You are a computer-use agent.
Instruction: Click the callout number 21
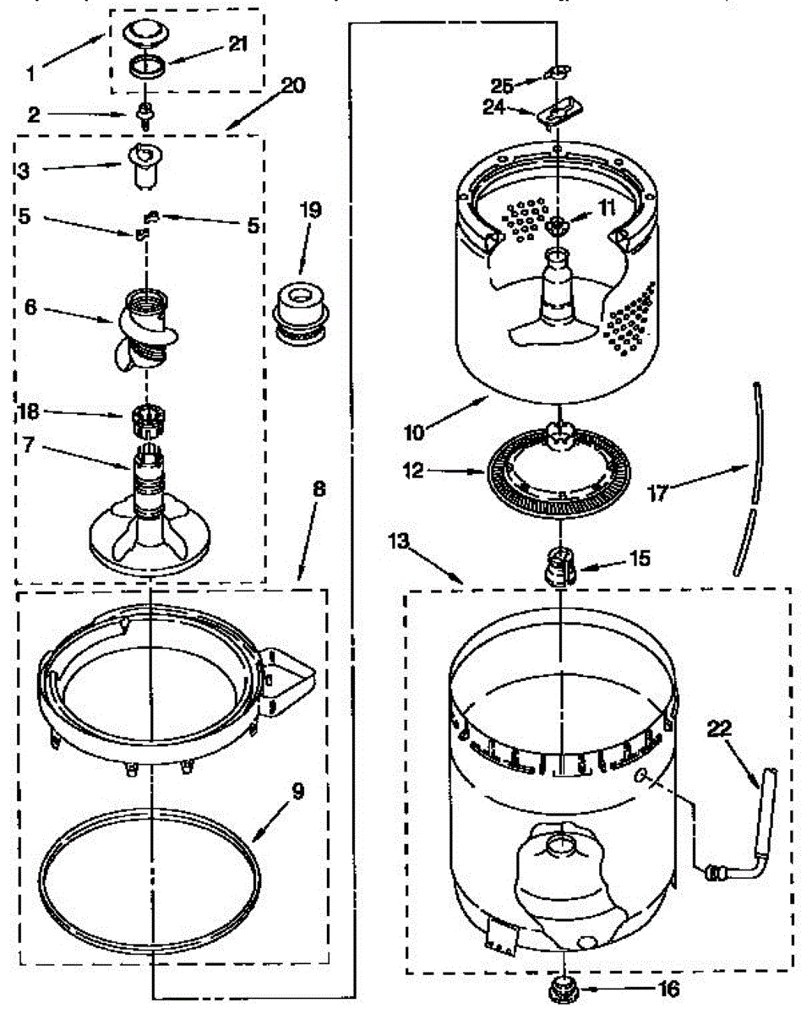pyautogui.click(x=239, y=45)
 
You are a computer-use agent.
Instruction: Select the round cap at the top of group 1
pyautogui.click(x=146, y=34)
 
